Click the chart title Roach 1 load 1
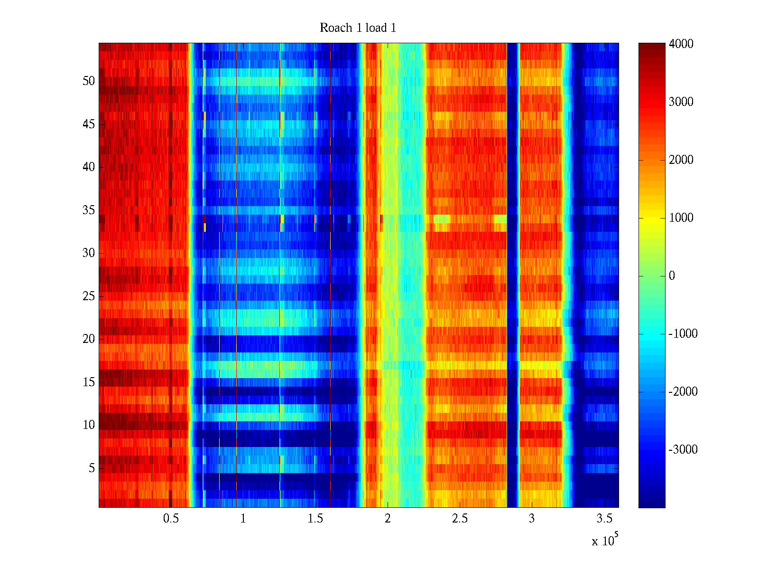coord(358,28)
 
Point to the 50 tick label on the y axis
coord(89,81)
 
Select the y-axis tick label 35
coord(89,210)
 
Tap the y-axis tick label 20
coord(89,339)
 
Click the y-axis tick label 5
coord(92,468)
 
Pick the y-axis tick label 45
coord(89,124)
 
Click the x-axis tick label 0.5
coord(171,519)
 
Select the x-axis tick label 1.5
coord(315,519)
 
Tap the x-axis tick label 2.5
coord(459,519)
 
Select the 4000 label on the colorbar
coord(681,44)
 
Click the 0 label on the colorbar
coord(672,276)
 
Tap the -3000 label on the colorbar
coord(683,450)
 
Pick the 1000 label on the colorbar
coord(681,218)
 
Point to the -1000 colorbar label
coord(683,334)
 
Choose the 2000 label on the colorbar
coord(681,160)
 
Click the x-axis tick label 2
coord(388,519)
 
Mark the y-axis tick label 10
coord(89,425)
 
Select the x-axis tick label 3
coord(532,519)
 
